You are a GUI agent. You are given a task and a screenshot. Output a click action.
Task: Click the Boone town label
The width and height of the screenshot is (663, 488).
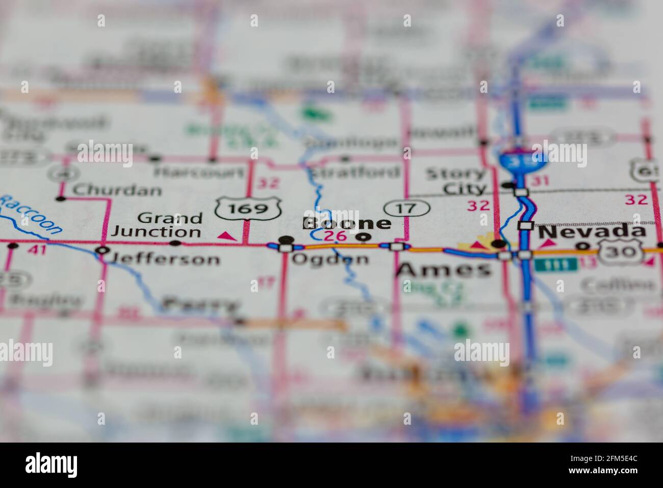coord(347,223)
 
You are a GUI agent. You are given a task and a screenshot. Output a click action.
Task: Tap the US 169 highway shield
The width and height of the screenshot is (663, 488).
coord(248,208)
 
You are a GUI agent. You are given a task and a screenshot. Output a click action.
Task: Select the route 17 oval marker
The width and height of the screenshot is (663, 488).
coord(407,208)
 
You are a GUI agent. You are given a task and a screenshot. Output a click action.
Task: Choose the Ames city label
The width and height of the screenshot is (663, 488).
coord(444,270)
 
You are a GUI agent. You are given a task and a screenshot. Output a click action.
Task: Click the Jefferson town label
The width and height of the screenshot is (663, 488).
coord(165,259)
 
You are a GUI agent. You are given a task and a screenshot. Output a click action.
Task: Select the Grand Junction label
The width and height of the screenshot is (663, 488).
coord(157,225)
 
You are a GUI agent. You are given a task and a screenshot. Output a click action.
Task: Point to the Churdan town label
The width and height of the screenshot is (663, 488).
coord(117,190)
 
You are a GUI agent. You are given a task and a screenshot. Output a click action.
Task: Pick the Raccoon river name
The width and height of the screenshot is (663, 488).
coord(32,215)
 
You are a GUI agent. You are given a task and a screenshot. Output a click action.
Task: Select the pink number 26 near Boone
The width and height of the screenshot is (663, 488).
coord(335,236)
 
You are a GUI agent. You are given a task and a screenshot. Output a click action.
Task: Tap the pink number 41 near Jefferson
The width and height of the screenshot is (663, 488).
coord(34,250)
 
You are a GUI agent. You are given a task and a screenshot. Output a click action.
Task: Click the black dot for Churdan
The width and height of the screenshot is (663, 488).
coord(61,198)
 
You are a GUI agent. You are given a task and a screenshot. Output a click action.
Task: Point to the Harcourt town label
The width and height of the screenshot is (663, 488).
coord(199,172)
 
